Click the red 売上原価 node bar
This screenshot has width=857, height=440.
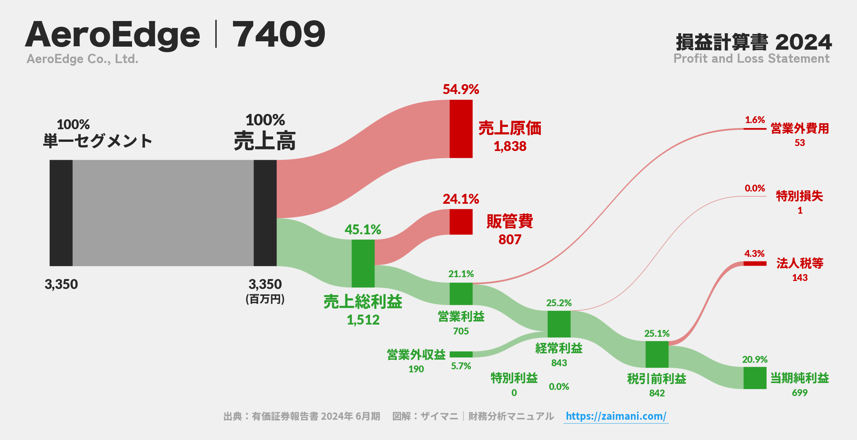(461, 129)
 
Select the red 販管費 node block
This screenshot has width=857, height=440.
(461, 222)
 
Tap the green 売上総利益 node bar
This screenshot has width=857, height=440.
(363, 263)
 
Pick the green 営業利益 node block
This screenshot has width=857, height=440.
(461, 294)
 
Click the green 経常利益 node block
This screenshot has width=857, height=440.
(559, 324)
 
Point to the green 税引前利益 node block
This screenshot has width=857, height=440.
(657, 354)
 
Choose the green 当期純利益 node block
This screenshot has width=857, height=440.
(755, 378)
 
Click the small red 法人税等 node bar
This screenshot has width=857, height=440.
(755, 263)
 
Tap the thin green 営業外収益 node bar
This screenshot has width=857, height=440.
(461, 354)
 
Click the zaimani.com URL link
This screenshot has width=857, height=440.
(616, 416)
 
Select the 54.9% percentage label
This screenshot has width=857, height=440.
(461, 89)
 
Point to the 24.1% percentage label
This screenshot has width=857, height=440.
(461, 199)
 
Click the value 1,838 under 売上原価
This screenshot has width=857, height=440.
(510, 146)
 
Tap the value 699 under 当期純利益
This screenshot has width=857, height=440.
(800, 393)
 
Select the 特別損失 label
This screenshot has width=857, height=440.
(799, 196)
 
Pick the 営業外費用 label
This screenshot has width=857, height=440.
(800, 128)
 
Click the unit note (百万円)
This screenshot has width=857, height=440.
(265, 299)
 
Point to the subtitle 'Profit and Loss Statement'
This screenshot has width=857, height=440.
(751, 58)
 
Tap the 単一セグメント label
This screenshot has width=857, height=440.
(98, 141)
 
